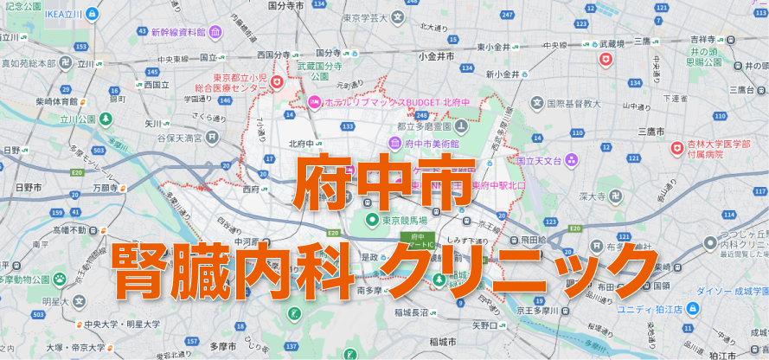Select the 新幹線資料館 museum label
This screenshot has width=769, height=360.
(x=177, y=32)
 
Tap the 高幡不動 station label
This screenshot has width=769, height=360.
(x=69, y=230)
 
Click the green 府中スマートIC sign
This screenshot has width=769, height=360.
(x=418, y=240)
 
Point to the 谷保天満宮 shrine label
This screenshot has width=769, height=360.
(x=179, y=138)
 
